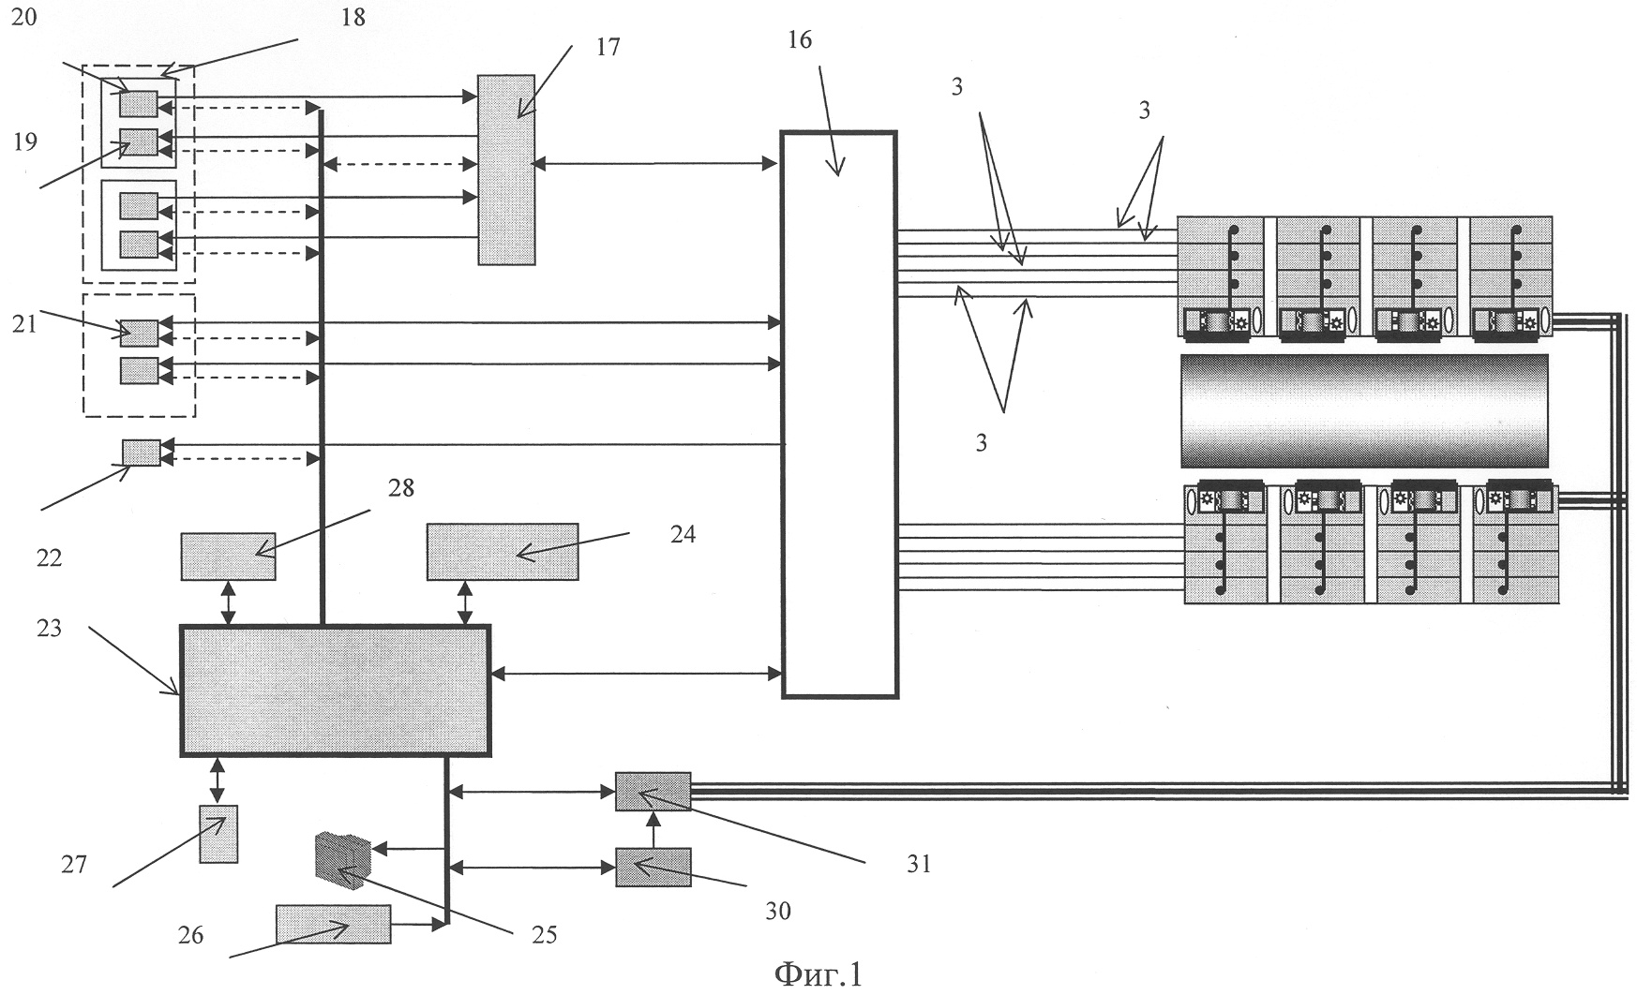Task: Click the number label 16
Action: click(x=800, y=40)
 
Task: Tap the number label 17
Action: click(x=608, y=46)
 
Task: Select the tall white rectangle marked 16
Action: click(x=839, y=414)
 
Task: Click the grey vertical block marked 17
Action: click(x=506, y=170)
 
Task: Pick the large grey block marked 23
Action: click(x=335, y=691)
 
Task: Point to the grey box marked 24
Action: click(x=503, y=552)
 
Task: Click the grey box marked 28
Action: click(x=228, y=556)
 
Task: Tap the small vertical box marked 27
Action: click(x=218, y=833)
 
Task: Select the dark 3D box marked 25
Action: click(x=343, y=860)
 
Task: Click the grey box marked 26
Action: click(x=334, y=924)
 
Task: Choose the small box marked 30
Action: click(x=653, y=867)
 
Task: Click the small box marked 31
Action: click(x=653, y=792)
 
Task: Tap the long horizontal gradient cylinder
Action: click(x=1364, y=410)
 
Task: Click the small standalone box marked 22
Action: click(x=142, y=453)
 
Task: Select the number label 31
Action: click(x=919, y=863)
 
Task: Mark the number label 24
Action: click(x=683, y=534)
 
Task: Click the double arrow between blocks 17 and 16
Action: click(x=656, y=164)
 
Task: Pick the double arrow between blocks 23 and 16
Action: click(x=636, y=672)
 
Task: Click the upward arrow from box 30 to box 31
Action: click(x=653, y=829)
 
